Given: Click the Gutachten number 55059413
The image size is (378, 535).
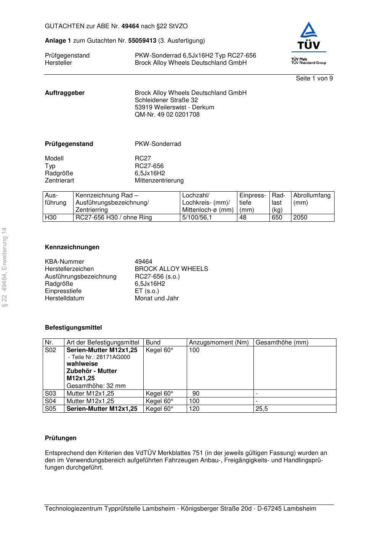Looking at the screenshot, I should [x=142, y=41].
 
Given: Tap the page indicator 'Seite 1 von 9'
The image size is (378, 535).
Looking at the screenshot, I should [x=314, y=78].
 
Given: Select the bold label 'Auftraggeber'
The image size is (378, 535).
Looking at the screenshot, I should [x=65, y=93].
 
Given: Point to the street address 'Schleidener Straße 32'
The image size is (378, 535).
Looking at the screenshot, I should [x=166, y=100].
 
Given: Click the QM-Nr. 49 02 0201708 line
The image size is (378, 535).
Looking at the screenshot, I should [x=167, y=115].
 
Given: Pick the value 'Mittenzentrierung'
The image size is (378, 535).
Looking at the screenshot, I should [x=159, y=181].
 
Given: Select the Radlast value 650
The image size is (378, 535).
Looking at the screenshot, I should [x=277, y=218].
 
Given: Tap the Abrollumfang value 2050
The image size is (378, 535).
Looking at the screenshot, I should [x=300, y=218].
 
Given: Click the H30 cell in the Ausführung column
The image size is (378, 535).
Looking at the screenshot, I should [x=51, y=218].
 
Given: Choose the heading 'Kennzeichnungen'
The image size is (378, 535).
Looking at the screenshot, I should [x=72, y=247].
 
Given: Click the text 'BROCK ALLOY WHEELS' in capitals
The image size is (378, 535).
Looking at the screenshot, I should [x=171, y=269].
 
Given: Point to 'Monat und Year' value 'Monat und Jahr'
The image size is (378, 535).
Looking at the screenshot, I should [x=157, y=298].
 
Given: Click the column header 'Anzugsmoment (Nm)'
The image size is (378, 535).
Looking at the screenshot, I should [x=218, y=343].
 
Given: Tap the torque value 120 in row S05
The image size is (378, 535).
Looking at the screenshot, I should [x=194, y=409].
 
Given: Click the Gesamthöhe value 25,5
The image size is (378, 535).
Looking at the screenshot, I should [x=261, y=409].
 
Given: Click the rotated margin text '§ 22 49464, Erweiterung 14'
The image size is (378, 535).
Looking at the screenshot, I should [x=5, y=267].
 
